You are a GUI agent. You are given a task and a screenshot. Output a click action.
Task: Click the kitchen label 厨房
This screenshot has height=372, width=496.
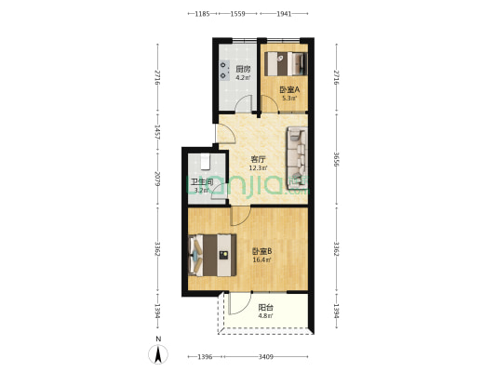242,69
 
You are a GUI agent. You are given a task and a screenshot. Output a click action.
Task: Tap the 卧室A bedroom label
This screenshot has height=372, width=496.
288,89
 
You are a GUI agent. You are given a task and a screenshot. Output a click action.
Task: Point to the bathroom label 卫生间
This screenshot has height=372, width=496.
202,182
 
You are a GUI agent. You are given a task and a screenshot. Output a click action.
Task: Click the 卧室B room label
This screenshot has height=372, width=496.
261,251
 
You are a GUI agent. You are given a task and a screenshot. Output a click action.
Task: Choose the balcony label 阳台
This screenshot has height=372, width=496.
265,308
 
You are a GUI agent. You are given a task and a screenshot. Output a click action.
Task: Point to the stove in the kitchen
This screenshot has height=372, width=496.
225,71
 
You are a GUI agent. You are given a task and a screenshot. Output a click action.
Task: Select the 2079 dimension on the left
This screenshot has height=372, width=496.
158,177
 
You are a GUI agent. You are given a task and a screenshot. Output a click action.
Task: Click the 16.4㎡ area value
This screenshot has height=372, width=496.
261,260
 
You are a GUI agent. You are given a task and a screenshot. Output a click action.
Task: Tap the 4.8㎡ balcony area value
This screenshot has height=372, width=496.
265,317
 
